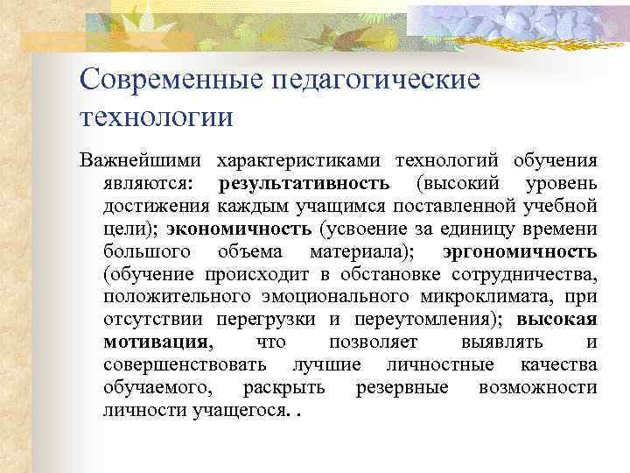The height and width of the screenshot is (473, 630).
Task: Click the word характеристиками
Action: click(299, 161)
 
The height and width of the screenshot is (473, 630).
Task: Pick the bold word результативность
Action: click(304, 184)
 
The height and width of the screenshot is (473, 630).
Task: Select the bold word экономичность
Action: click(239, 229)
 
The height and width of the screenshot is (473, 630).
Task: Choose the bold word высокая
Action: click(557, 319)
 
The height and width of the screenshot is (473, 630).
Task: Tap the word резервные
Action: click(402, 387)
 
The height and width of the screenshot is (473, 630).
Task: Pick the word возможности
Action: click(538, 387)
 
